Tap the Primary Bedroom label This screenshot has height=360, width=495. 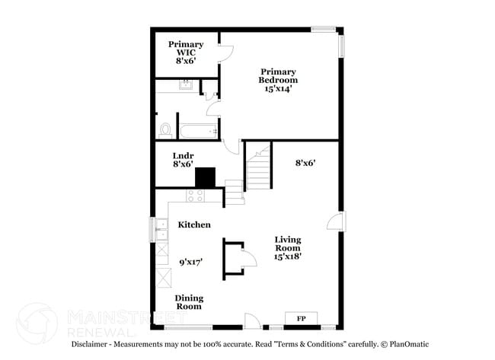point(277,76)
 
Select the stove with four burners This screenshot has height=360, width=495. point(195,196)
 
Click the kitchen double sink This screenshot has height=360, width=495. point(161,229)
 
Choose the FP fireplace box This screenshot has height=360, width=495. point(301,318)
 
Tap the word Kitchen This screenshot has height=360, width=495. point(194,225)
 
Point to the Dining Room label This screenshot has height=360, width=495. point(189,302)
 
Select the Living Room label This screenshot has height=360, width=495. point(288,244)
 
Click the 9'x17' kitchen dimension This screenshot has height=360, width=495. point(190,262)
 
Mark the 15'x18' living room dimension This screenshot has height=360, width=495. point(288,256)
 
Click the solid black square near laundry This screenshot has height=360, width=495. point(206,177)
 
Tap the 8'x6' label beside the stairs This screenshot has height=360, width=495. point(305,162)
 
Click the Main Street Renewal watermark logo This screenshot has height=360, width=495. point(37,323)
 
